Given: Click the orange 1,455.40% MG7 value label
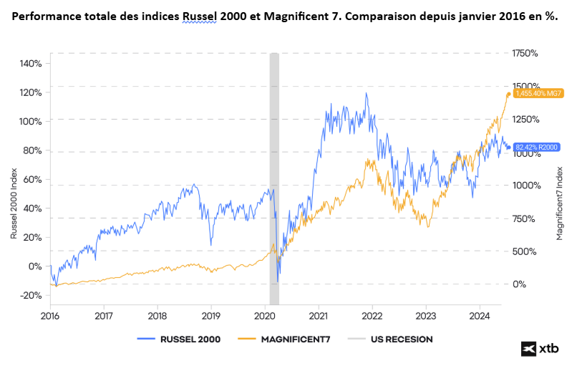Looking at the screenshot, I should (x=533, y=93).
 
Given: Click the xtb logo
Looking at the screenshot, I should (x=540, y=348).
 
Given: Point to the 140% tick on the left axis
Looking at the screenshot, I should (x=30, y=63).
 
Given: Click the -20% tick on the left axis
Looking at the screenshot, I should (x=30, y=295).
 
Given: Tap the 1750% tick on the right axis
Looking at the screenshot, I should (x=525, y=53).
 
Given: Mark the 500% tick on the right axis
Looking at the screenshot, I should (x=524, y=251).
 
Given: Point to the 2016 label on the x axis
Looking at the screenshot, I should (x=50, y=315).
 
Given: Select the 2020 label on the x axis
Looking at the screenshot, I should (x=265, y=315).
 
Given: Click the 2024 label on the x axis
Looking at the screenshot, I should (x=480, y=315).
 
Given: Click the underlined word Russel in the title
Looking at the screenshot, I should (x=202, y=16).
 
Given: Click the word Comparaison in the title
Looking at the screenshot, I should (x=399, y=16).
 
